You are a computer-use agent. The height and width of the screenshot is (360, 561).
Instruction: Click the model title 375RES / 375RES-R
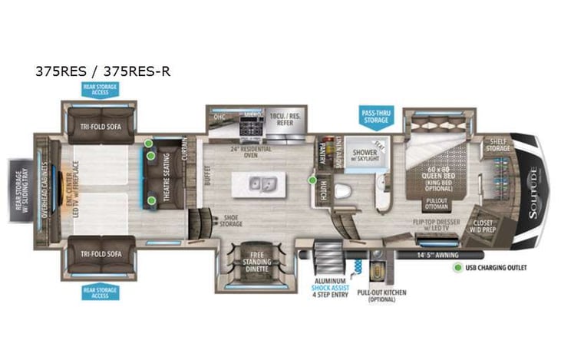pyautogui.click(x=103, y=72)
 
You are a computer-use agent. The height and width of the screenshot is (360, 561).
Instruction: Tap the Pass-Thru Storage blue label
pyautogui.click(x=376, y=116)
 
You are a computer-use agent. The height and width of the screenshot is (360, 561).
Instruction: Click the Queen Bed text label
pyautogui.click(x=435, y=175)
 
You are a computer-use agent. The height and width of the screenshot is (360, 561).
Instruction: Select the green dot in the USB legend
pyautogui.click(x=458, y=269)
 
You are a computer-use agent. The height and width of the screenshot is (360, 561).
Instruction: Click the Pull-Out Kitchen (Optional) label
pyautogui.click(x=381, y=296)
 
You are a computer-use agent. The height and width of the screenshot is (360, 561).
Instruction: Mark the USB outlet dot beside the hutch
pyautogui.click(x=312, y=181)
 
